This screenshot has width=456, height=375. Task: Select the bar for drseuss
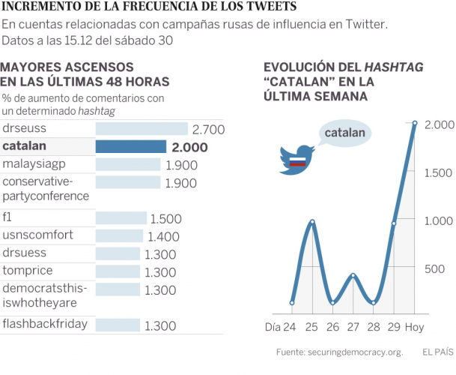142,129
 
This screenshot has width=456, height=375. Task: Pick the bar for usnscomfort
119,235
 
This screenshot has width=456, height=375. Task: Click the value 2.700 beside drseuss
208,129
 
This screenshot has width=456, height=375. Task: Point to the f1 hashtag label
8,217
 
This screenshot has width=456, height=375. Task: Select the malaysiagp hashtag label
36,163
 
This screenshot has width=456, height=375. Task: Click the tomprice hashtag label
28,271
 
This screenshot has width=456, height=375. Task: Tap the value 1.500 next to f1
166,218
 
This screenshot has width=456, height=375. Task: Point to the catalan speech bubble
345,134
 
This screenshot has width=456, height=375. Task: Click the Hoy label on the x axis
414,327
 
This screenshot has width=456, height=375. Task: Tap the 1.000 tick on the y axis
437,220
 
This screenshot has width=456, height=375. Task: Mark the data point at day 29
394,223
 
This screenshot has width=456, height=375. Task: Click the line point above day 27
353,276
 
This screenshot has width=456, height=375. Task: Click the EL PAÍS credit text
437,352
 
